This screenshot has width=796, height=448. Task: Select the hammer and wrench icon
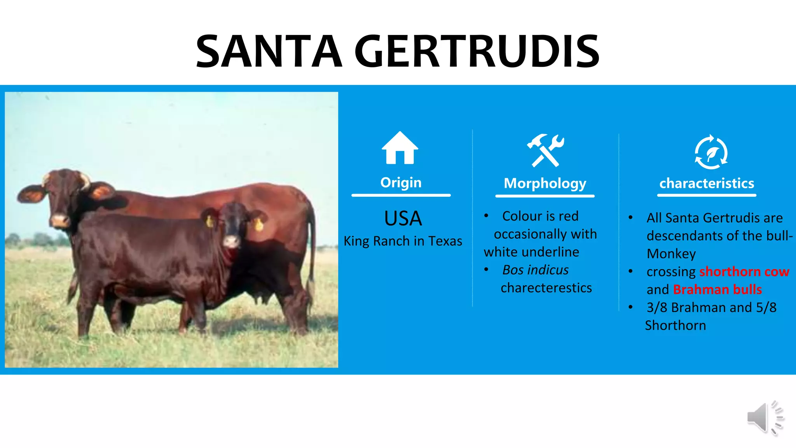coord(545,150)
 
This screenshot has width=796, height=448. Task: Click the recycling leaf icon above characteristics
coord(711,152)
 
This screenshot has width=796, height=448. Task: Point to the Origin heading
coord(401,182)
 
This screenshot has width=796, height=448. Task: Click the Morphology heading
coord(545,183)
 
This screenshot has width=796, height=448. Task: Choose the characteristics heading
coord(707,183)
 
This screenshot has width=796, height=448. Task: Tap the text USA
coord(403,218)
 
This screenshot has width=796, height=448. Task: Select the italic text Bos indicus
coord(535,270)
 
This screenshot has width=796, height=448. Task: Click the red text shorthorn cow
coord(744,271)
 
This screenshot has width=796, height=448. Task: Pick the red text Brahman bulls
coord(717,289)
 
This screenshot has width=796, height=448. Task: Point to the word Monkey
coord(671,254)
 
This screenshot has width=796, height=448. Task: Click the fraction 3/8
coord(657,307)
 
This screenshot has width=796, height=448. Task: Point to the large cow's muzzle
coord(59,220)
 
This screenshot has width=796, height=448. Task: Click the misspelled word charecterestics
coord(546,288)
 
